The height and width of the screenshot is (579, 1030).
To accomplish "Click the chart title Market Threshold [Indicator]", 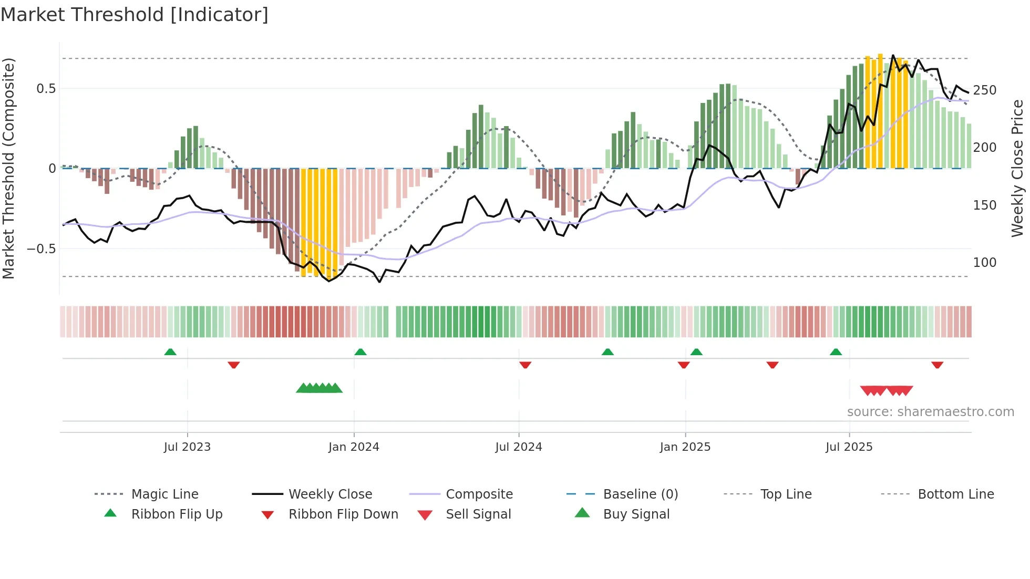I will pyautogui.click(x=135, y=15).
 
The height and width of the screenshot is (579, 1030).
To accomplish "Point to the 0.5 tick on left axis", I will pyautogui.click(x=46, y=89).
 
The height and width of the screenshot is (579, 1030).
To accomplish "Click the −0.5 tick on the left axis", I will pyautogui.click(x=42, y=249).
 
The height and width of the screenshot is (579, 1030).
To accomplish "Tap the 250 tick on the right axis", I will pyautogui.click(x=984, y=90).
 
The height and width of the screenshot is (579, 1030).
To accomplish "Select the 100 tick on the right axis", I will pyautogui.click(x=984, y=262).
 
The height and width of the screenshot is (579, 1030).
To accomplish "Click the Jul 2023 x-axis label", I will pyautogui.click(x=187, y=447).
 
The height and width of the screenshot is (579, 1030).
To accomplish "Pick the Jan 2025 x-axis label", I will pyautogui.click(x=685, y=447).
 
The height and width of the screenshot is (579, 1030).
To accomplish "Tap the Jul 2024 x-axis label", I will pyautogui.click(x=518, y=447).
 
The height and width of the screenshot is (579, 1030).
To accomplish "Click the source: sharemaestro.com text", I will pyautogui.click(x=930, y=412).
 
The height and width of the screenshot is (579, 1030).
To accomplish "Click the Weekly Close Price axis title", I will pyautogui.click(x=1017, y=168).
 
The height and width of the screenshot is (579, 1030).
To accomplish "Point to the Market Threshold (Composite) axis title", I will pyautogui.click(x=8, y=168).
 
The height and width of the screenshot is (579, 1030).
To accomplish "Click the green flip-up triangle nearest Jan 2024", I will pyautogui.click(x=360, y=352).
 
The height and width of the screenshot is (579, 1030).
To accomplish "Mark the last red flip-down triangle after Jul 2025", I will pyautogui.click(x=937, y=365).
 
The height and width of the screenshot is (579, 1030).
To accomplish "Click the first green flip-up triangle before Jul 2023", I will pyautogui.click(x=170, y=352).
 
